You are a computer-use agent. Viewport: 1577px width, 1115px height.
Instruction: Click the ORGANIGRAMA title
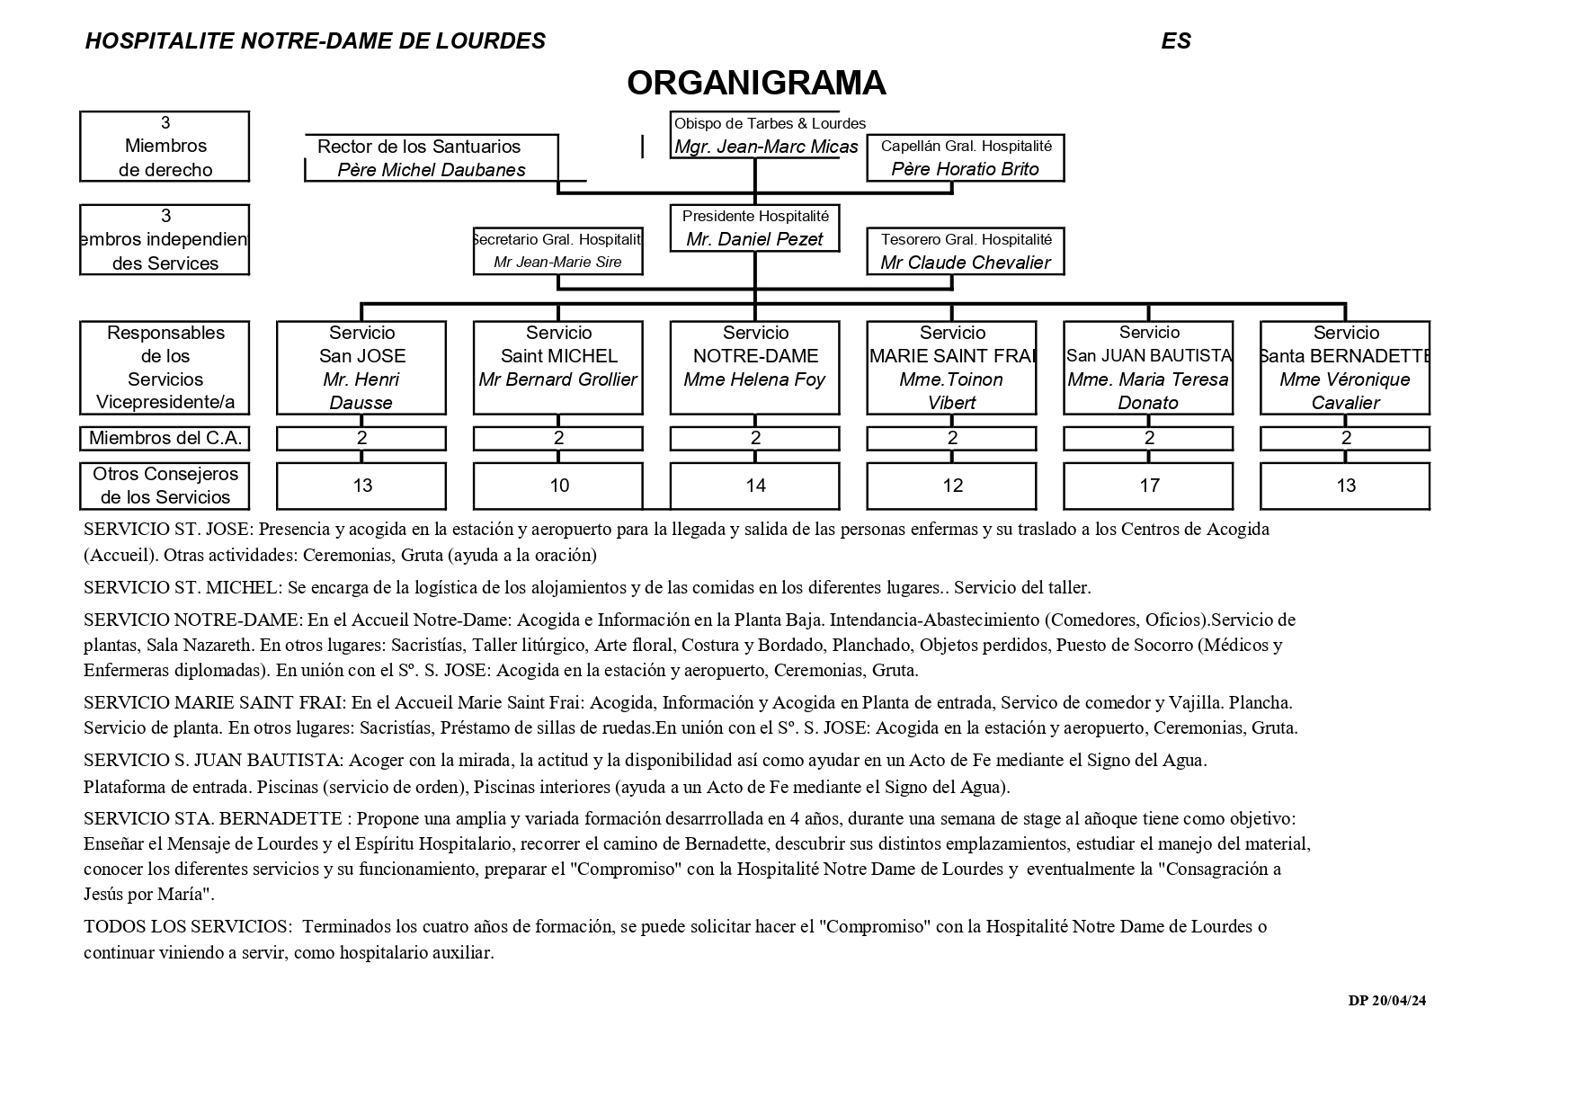[x=756, y=83]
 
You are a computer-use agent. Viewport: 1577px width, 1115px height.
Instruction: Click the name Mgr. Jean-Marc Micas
[x=766, y=147]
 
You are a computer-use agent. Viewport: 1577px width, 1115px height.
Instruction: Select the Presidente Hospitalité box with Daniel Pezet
[x=754, y=228]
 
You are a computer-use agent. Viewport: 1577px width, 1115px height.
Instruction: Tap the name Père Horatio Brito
[x=965, y=169]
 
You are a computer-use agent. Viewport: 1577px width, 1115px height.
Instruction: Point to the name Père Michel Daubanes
[x=431, y=170]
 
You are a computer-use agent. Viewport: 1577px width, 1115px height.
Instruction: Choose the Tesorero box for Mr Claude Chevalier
[x=965, y=251]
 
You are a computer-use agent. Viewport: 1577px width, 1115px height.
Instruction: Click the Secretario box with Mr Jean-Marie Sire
[x=557, y=251]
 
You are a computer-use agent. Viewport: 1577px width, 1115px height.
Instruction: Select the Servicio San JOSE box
[x=361, y=367]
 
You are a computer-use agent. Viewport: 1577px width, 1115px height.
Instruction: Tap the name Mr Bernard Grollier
[x=557, y=379]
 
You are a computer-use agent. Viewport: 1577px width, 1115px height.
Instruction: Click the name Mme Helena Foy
[x=754, y=379]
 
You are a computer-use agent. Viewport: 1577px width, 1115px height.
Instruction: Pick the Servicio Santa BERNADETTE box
[x=1345, y=367]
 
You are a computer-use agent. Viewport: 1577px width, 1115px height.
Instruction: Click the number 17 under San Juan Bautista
[x=1149, y=486]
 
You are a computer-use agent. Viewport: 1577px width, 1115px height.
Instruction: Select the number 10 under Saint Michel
[x=558, y=486]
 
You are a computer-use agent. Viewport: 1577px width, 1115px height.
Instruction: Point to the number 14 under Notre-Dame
[x=755, y=486]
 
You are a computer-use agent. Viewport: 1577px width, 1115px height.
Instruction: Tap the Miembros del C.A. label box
[x=165, y=439]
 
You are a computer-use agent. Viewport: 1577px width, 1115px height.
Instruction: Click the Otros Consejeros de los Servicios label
[x=165, y=486]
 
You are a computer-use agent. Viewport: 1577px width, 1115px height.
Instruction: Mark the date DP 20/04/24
[x=1386, y=1001]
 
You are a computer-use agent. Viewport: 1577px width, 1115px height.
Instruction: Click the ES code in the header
[x=1175, y=41]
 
